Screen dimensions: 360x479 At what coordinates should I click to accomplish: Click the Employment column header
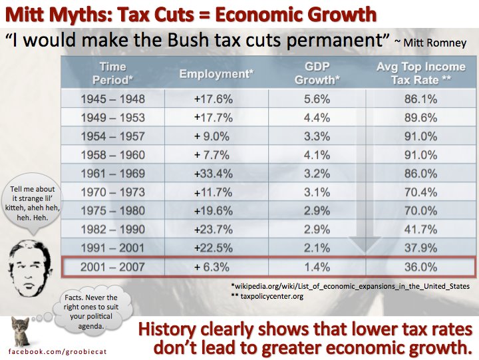tap(216, 74)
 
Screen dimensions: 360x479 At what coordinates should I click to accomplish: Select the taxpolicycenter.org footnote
tap(266, 296)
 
